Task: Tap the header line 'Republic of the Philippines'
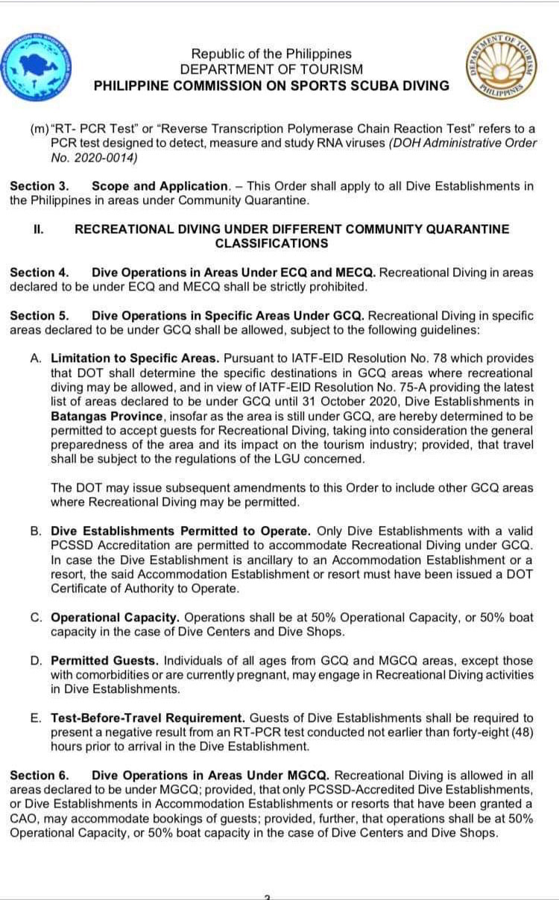pyautogui.click(x=271, y=54)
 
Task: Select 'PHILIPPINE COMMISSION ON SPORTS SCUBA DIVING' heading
pyautogui.click(x=271, y=86)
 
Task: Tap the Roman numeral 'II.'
pyautogui.click(x=38, y=229)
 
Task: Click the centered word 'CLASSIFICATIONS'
pyautogui.click(x=271, y=244)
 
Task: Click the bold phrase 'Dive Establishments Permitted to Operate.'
pyautogui.click(x=181, y=531)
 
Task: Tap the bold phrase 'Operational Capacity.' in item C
pyautogui.click(x=115, y=618)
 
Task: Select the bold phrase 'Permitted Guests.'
pyautogui.click(x=104, y=661)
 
